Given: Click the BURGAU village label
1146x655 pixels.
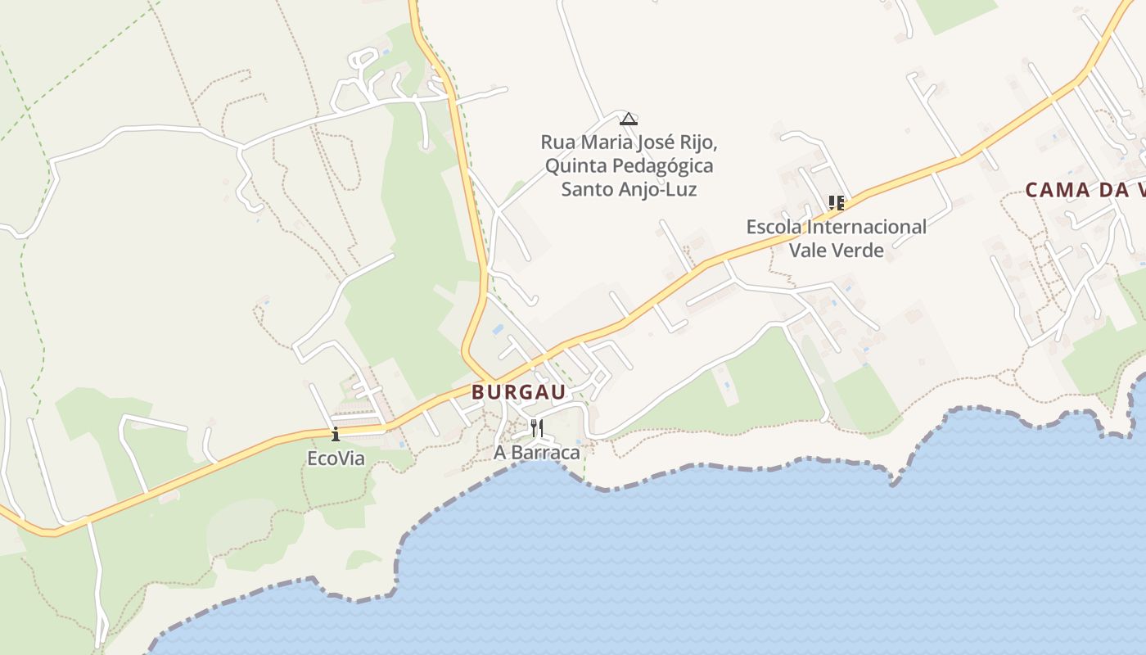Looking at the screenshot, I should pyautogui.click(x=518, y=392).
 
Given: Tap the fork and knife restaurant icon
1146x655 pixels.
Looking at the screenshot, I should pyautogui.click(x=537, y=427).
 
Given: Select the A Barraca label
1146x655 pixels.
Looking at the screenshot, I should pyautogui.click(x=537, y=452).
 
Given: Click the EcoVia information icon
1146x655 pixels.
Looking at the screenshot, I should pyautogui.click(x=335, y=434).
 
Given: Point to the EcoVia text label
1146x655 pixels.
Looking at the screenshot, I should pyautogui.click(x=336, y=458).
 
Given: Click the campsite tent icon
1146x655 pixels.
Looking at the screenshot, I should pyautogui.click(x=628, y=119).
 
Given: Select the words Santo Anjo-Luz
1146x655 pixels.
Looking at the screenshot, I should pyautogui.click(x=629, y=190).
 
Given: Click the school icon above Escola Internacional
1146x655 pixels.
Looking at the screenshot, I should pyautogui.click(x=836, y=202).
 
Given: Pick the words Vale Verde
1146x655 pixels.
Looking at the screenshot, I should pyautogui.click(x=837, y=251).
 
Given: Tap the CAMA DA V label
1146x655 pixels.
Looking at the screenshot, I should pyautogui.click(x=1085, y=190).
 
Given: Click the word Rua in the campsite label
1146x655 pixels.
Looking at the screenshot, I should pyautogui.click(x=557, y=142).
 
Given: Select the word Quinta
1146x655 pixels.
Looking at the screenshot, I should pyautogui.click(x=571, y=166).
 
